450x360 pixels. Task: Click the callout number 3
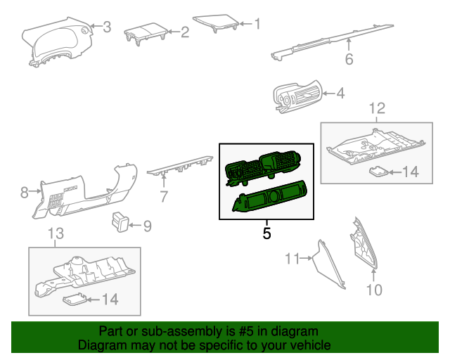coord(107,27)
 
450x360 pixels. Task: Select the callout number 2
coord(185,32)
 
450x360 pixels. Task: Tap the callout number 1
coord(257,24)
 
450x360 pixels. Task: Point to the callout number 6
coord(349,59)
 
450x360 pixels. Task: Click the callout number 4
coord(340,94)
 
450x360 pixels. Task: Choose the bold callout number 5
coord(266,233)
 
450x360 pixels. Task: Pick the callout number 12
coord(377,108)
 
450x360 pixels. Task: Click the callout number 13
coord(56,233)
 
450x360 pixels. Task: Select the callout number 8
coord(25,192)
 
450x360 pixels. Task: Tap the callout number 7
coord(164,197)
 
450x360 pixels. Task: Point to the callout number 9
coord(147,226)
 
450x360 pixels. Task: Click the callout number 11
coord(292,258)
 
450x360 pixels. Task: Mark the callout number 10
coord(374,290)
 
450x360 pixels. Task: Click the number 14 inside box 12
coord(411,172)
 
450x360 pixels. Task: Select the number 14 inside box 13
coord(110,300)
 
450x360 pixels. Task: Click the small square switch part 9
coord(120,221)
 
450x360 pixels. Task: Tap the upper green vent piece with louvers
coord(263,168)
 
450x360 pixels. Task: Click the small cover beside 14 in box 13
coord(75,299)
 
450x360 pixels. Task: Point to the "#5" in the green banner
coord(246,332)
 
